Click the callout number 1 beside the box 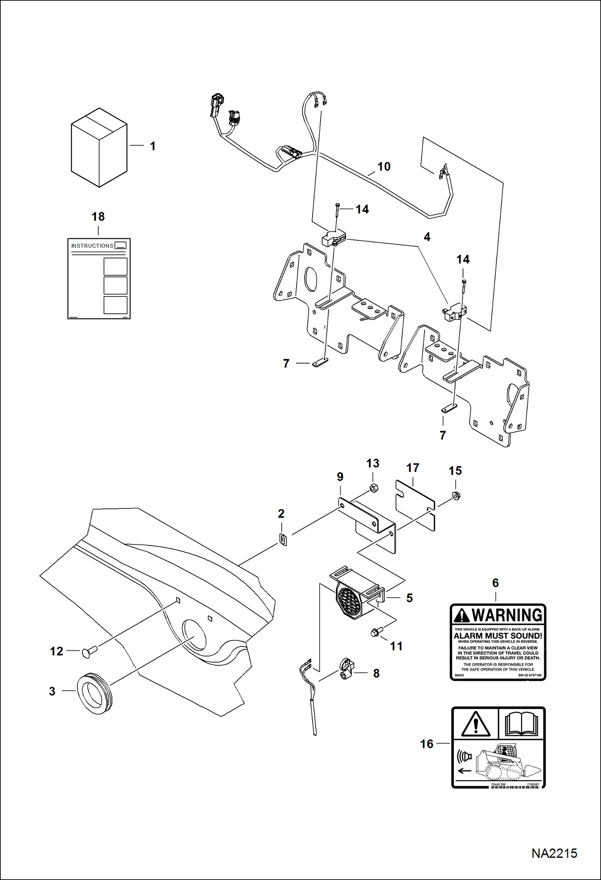[152, 146]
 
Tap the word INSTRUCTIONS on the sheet [92, 246]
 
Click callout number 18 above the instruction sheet [98, 217]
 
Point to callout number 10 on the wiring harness [384, 167]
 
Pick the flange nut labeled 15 [456, 496]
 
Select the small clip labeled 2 [283, 540]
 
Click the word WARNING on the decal [507, 615]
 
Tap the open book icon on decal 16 [521, 724]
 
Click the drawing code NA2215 [554, 853]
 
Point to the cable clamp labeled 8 [347, 669]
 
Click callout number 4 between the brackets [427, 237]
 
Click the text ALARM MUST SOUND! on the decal [497, 636]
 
